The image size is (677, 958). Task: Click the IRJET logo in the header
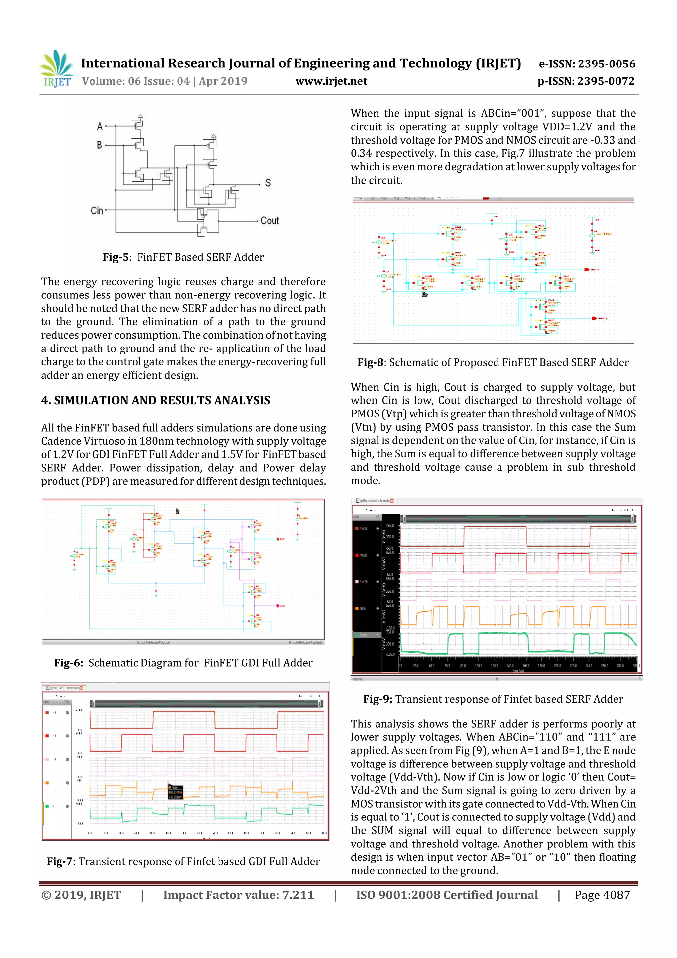click(x=56, y=68)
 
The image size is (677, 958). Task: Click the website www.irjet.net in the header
click(x=331, y=81)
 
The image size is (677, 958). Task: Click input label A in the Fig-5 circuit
click(x=100, y=126)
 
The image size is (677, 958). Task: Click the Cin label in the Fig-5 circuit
click(x=97, y=211)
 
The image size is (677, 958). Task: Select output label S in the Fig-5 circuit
click(x=268, y=183)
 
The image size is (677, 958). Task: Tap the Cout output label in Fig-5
click(x=269, y=221)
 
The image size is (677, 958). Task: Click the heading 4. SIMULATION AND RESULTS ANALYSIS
click(x=156, y=400)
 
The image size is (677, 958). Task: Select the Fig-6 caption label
click(x=68, y=663)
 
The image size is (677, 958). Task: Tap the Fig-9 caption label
click(x=378, y=699)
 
